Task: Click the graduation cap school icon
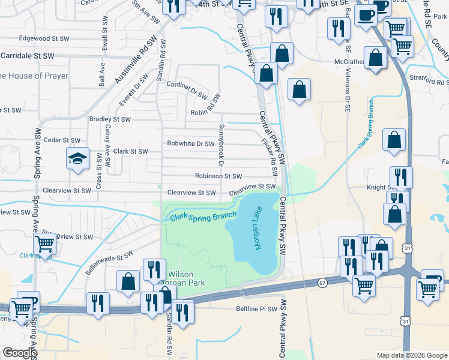[77, 159]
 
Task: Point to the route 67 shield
[322, 282]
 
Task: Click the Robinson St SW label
[218, 176]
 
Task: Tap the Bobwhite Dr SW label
[190, 144]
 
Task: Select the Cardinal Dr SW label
[187, 89]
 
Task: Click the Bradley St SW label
[110, 119]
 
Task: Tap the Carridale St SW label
[28, 55]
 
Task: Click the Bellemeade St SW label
[108, 263]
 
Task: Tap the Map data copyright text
[412, 355]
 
